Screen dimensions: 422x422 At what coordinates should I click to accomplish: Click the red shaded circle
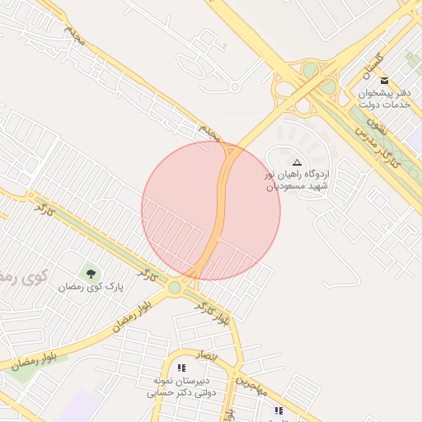210,210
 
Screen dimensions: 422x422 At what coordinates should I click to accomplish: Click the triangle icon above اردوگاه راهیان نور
297,163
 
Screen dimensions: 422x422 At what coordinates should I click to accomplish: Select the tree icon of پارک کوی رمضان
91,273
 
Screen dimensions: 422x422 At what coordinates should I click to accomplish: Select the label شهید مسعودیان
296,187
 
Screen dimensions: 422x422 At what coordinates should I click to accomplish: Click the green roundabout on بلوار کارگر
175,288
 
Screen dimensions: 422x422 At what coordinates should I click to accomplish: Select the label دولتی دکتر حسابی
181,393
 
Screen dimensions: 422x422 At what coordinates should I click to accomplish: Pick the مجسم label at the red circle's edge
209,133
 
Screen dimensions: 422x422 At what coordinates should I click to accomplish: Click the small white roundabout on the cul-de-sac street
235,86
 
